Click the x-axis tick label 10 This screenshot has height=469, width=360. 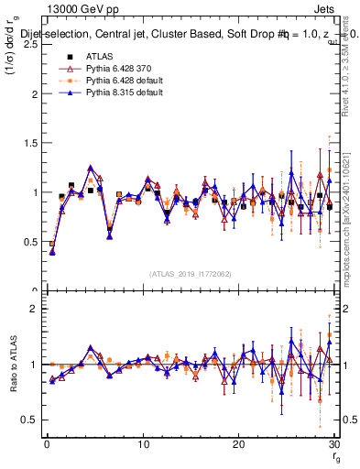142,444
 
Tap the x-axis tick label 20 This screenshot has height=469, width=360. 238,444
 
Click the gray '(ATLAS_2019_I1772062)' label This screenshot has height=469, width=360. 190,273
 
